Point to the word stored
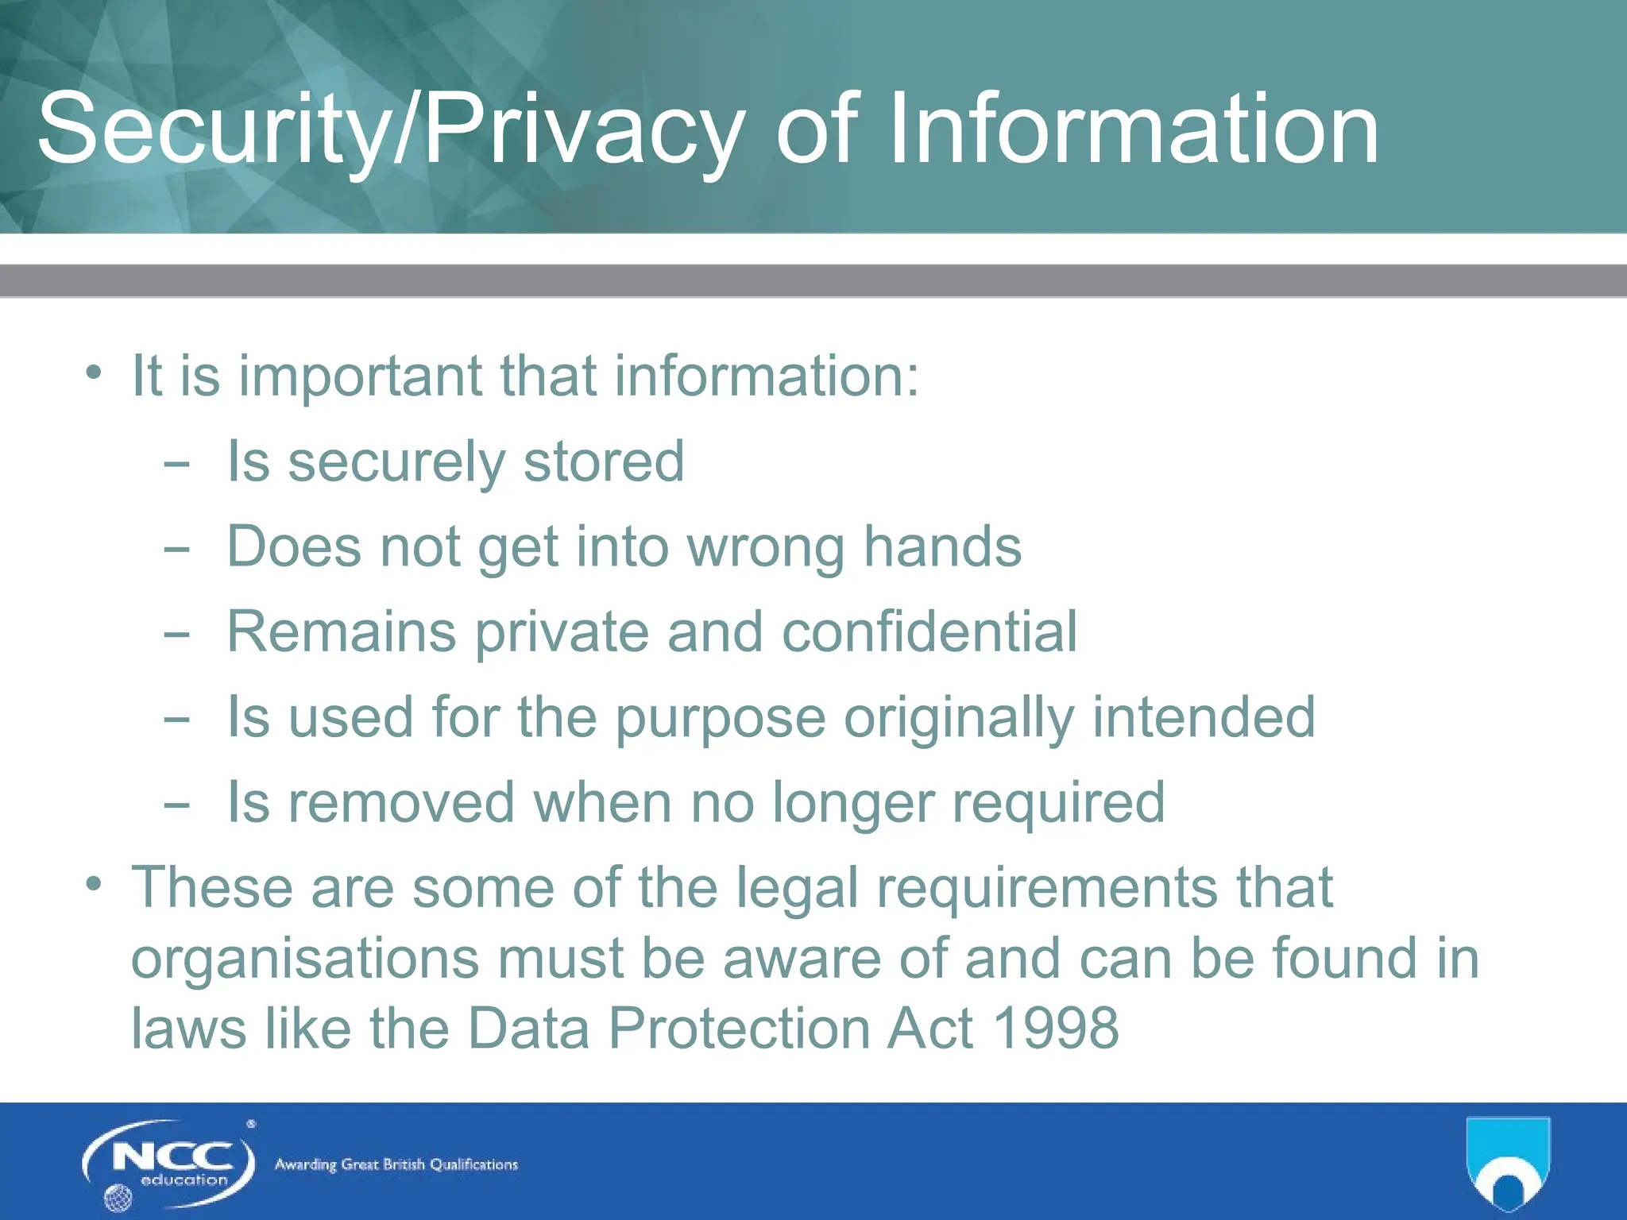point(604,461)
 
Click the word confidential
point(929,632)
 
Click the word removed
point(401,802)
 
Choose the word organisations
point(305,959)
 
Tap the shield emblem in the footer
point(1508,1161)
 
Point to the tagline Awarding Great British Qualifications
point(396,1165)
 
